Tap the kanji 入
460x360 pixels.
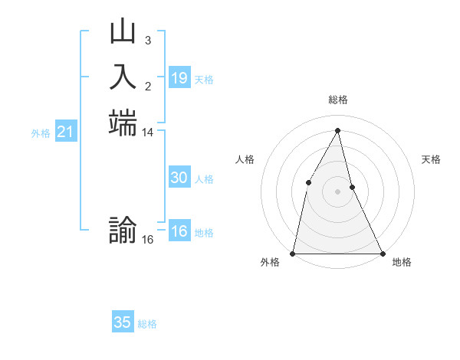click(123, 77)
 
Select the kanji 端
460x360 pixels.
click(123, 123)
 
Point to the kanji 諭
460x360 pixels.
click(123, 231)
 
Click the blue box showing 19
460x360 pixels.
click(179, 78)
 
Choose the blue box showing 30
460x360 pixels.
click(179, 178)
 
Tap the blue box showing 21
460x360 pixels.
click(66, 133)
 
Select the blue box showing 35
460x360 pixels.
click(123, 322)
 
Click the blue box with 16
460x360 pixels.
click(179, 232)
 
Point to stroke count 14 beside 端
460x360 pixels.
click(148, 133)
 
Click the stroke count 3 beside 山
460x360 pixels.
click(147, 39)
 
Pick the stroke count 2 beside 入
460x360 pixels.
click(147, 85)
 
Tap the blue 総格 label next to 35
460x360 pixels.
click(147, 324)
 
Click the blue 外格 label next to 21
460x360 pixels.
click(41, 133)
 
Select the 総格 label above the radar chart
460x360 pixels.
click(338, 100)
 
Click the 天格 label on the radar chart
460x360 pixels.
click(431, 159)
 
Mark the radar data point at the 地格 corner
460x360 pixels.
click(382, 253)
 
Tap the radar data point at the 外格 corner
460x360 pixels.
click(293, 253)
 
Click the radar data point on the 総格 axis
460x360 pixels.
click(338, 129)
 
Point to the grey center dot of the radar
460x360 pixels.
click(338, 191)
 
